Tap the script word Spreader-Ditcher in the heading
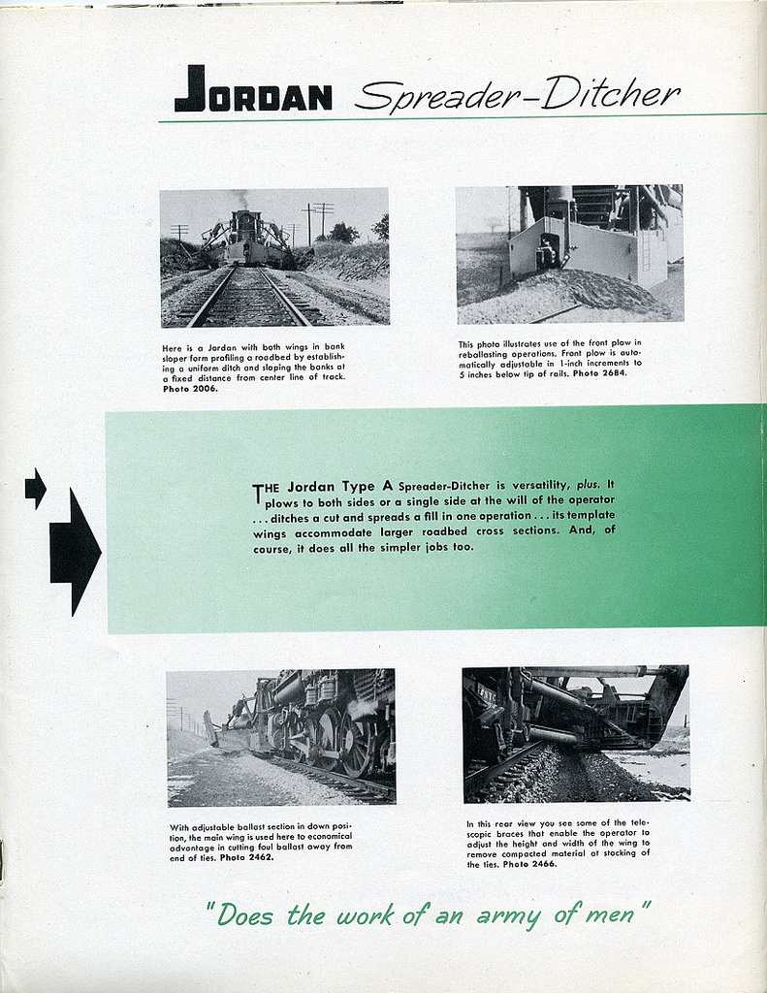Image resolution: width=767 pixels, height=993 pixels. coord(517,95)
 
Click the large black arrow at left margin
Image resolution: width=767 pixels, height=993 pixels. coord(75,552)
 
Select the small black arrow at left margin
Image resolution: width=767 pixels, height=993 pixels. coord(35,488)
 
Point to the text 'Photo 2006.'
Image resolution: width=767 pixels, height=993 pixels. coord(190,389)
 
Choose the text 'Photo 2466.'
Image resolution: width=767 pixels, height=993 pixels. coord(529,864)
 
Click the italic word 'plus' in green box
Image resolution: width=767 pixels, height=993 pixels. coord(588,483)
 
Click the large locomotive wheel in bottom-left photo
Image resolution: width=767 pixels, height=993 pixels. coord(357,743)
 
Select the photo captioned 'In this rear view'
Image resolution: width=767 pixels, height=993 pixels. coord(576,733)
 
